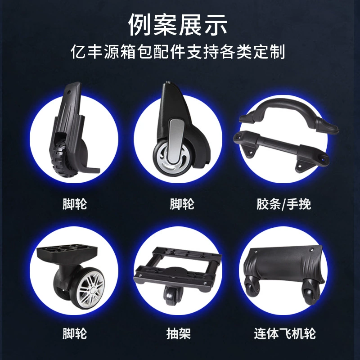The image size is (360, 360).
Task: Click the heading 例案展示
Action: pyautogui.click(x=178, y=25)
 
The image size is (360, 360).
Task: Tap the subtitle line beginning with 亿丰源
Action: pyautogui.click(x=178, y=52)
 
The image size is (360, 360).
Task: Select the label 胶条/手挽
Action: pyautogui.click(x=284, y=204)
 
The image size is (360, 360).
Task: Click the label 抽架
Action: pyautogui.click(x=179, y=333)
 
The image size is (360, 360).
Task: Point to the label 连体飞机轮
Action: pyautogui.click(x=285, y=333)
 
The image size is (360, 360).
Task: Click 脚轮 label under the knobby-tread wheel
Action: pyautogui.click(x=75, y=204)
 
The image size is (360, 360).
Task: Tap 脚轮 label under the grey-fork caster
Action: pyautogui.click(x=182, y=204)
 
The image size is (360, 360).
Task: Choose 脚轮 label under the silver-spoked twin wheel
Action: pyautogui.click(x=75, y=333)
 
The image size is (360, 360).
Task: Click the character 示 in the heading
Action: pyautogui.click(x=216, y=25)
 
